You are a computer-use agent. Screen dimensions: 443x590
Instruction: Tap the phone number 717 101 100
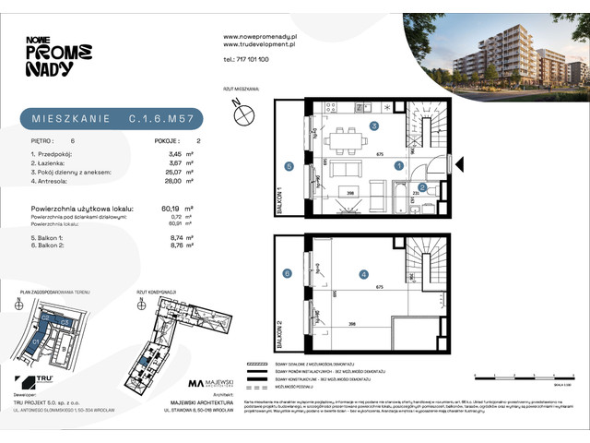pos(247,58)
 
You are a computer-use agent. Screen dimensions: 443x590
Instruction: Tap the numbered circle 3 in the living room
pos(373,125)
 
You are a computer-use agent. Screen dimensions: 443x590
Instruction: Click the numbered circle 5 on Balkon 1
pos(289,167)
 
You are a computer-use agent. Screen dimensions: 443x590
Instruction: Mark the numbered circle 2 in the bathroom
pos(422,187)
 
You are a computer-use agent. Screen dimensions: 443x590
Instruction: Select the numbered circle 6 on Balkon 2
pos(289,273)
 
